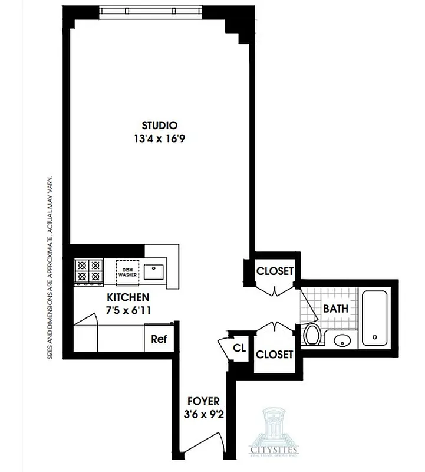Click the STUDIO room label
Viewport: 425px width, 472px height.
click(160, 125)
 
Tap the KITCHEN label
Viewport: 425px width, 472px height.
click(127, 297)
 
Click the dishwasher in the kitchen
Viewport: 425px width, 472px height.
click(129, 271)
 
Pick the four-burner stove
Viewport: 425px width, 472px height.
click(88, 271)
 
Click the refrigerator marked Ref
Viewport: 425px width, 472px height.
click(157, 339)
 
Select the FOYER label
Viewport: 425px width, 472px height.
click(204, 402)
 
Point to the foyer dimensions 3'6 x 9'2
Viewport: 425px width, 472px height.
click(204, 414)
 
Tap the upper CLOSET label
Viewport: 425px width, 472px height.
click(275, 271)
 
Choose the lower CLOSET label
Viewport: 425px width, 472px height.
click(275, 354)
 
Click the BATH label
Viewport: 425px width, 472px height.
click(335, 308)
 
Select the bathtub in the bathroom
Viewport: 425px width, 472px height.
click(375, 317)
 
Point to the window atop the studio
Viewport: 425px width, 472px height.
click(151, 10)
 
